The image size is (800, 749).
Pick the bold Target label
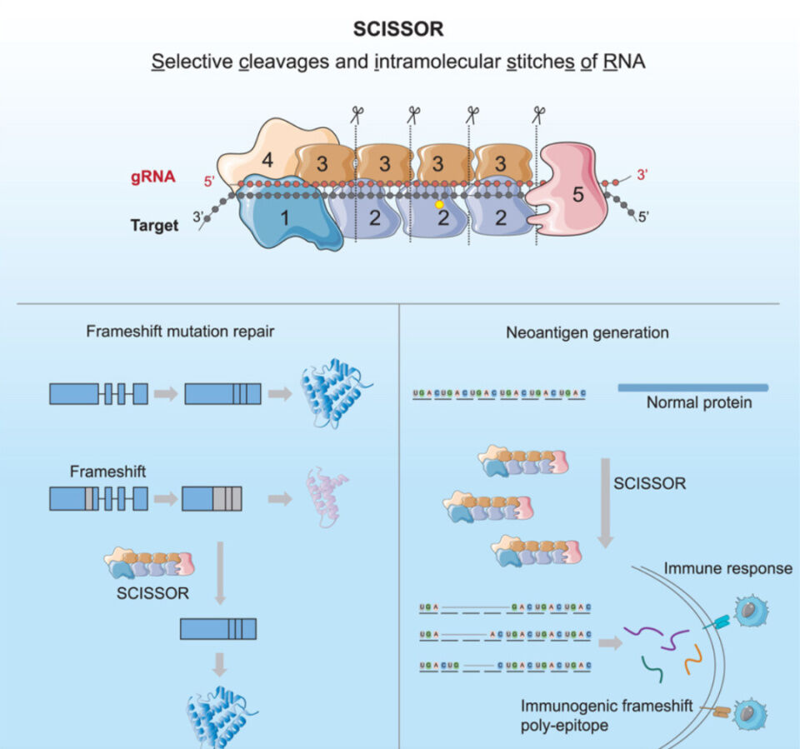tap(154, 225)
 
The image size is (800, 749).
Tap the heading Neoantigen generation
tap(587, 332)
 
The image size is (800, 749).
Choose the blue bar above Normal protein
tap(692, 387)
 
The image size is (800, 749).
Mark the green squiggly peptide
tap(653, 665)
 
